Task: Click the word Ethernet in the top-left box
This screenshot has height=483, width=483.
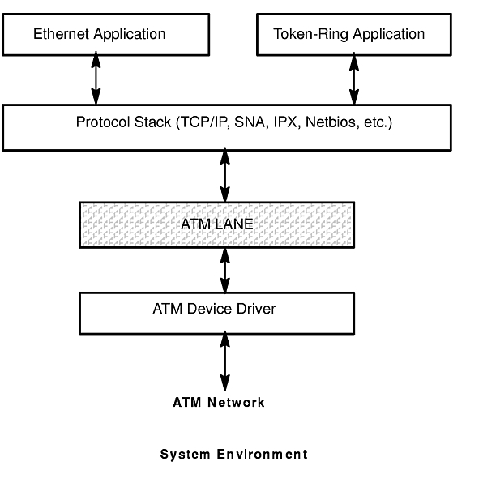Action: (62, 34)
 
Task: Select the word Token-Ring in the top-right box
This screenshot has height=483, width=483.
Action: (311, 35)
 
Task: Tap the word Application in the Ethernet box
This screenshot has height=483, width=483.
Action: (130, 35)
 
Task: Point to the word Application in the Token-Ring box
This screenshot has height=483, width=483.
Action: (389, 35)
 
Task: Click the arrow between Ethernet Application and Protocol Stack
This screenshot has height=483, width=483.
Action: (96, 78)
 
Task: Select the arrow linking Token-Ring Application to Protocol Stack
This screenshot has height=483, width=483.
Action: (354, 79)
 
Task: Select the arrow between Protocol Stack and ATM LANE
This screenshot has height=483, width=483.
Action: (225, 175)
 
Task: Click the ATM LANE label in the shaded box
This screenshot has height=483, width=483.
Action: (217, 224)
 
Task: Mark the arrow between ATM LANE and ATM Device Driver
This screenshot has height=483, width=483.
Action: (225, 270)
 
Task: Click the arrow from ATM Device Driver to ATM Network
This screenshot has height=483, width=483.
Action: (225, 361)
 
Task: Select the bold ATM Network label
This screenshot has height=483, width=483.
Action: (219, 402)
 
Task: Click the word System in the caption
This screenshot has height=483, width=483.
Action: (185, 455)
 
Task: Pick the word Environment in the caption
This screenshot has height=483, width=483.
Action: (262, 455)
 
